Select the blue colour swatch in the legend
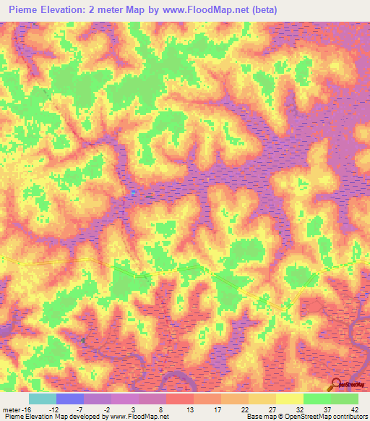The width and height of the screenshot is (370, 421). tap(69, 399)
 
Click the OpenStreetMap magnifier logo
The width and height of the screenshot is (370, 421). tap(336, 386)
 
